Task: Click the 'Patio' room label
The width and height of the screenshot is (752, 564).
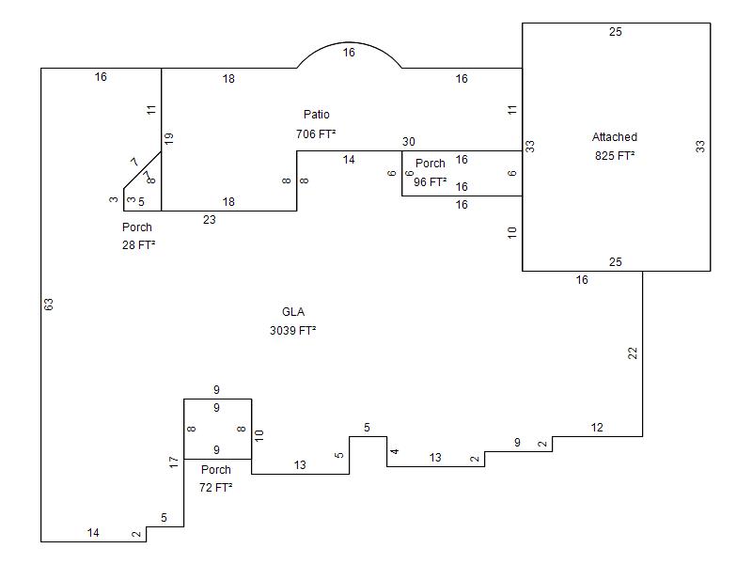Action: [316, 115]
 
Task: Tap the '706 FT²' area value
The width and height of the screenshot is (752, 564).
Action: [316, 134]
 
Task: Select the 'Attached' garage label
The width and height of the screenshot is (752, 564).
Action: [615, 137]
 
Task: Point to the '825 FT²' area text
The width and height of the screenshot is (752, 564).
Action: [615, 156]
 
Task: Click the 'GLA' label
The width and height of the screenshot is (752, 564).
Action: [293, 312]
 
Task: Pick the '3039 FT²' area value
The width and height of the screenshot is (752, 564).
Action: [293, 331]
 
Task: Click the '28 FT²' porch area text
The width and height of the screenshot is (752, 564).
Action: [138, 245]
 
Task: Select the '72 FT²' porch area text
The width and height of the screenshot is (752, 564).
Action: [216, 488]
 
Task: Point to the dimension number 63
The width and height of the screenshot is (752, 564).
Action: [49, 305]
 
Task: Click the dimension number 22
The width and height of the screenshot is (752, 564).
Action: [633, 353]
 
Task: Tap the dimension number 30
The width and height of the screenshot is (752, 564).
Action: [409, 142]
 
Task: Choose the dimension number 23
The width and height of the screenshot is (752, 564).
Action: [210, 220]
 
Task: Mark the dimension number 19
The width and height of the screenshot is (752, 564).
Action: [169, 138]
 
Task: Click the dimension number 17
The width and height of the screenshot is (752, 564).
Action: [174, 462]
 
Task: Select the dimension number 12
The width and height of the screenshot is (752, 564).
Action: [597, 428]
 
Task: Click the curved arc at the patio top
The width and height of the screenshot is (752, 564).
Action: [350, 42]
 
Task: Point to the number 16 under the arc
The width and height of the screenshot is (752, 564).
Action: [349, 54]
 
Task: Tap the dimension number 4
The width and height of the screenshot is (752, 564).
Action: [395, 452]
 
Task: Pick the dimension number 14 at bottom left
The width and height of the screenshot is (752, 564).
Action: [93, 533]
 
